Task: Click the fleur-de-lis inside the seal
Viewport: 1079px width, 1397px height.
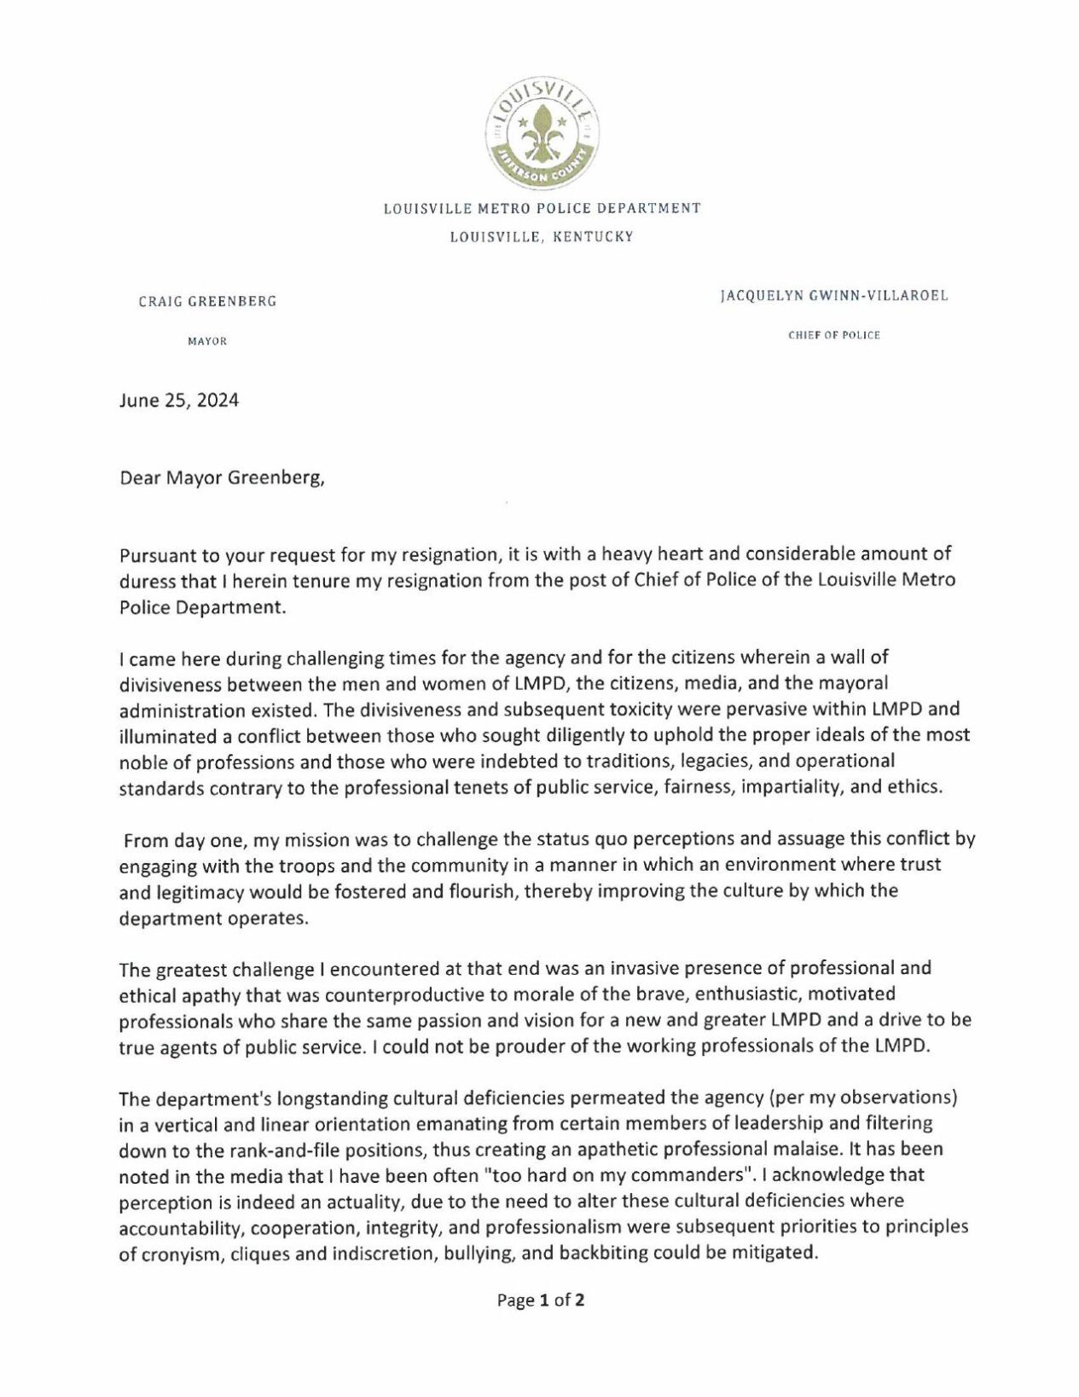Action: click(541, 134)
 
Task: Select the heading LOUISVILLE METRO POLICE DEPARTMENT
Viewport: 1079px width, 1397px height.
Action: click(542, 208)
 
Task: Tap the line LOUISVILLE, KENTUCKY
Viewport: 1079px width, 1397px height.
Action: click(542, 237)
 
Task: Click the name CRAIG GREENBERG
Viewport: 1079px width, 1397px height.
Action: click(207, 301)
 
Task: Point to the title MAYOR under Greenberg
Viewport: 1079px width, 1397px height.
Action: click(207, 341)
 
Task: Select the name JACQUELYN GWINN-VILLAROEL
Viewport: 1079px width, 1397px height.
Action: click(833, 296)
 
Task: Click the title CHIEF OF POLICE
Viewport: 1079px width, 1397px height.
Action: click(833, 335)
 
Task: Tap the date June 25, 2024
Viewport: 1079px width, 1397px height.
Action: click(179, 401)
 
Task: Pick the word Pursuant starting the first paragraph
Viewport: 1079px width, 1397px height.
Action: click(156, 554)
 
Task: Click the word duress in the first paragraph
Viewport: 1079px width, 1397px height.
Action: click(144, 581)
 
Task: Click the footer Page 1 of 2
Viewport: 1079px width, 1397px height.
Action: click(541, 1301)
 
